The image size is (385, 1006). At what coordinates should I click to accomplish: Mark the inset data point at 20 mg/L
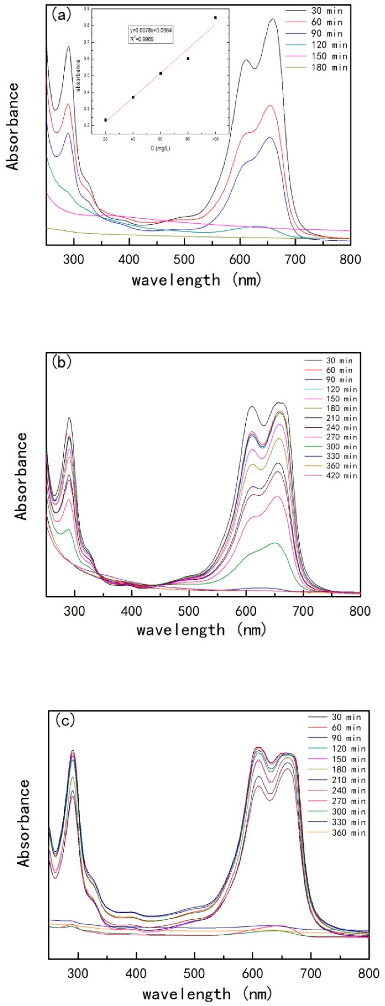(105, 120)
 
